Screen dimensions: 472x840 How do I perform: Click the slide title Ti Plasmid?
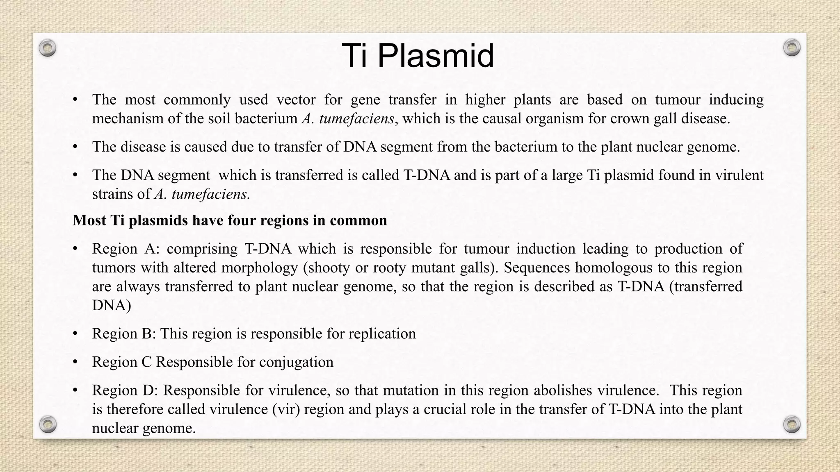click(x=418, y=56)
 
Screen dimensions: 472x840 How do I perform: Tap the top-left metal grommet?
click(x=48, y=48)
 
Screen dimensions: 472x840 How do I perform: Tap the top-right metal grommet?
click(x=792, y=48)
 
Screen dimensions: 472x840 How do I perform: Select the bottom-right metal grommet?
click(x=792, y=424)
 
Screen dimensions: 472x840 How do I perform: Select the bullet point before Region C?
click(x=75, y=362)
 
